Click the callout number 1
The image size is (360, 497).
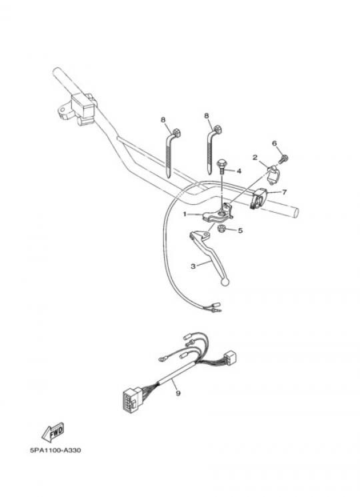(x=185, y=214)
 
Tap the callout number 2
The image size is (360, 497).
(x=255, y=157)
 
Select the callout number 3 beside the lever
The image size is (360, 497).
(x=193, y=266)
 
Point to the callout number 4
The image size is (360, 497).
(x=239, y=171)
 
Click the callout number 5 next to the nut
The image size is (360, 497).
(x=240, y=230)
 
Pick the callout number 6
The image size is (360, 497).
(x=275, y=143)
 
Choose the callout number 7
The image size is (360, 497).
(x=284, y=192)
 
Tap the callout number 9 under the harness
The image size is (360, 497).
(x=178, y=394)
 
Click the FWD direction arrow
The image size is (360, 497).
(x=53, y=432)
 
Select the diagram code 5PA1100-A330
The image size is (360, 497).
(x=55, y=450)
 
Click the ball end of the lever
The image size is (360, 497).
(x=225, y=281)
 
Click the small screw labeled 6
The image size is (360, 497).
(x=283, y=159)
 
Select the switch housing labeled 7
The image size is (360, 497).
(x=260, y=197)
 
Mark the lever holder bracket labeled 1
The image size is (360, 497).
(x=217, y=213)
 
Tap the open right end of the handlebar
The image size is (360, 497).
(x=295, y=212)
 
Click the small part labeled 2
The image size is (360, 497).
(x=272, y=175)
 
